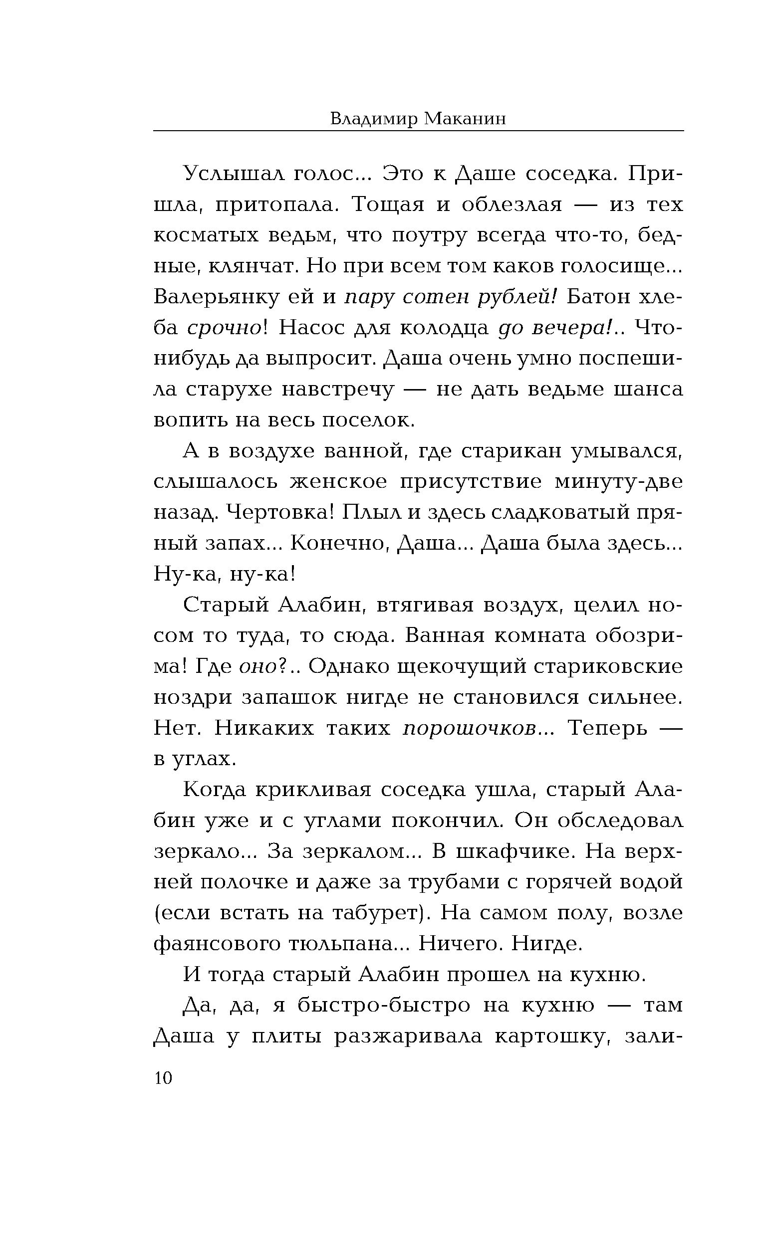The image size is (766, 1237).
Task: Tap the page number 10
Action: (163, 1078)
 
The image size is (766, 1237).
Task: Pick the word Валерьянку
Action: (216, 297)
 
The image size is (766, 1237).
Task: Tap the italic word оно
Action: (257, 667)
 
